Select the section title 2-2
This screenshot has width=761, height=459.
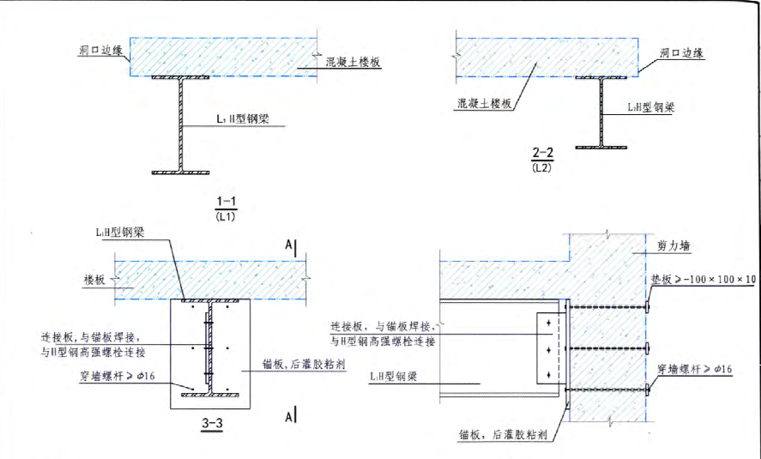click(542, 153)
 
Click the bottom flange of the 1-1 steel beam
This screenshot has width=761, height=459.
click(186, 172)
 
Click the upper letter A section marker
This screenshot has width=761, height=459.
click(289, 247)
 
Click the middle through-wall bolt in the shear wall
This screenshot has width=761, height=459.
click(606, 347)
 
